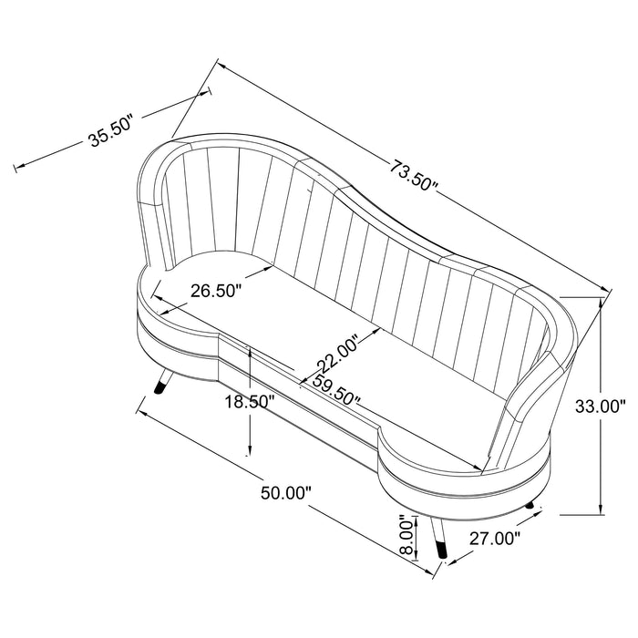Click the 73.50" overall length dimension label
[x=414, y=176]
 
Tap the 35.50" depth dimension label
[x=110, y=132]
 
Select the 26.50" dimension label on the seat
[x=217, y=291]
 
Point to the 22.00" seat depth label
[x=339, y=354]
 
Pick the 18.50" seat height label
[x=250, y=402]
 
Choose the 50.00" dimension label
[x=286, y=493]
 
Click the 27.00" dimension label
[x=495, y=539]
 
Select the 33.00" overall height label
[x=601, y=406]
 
